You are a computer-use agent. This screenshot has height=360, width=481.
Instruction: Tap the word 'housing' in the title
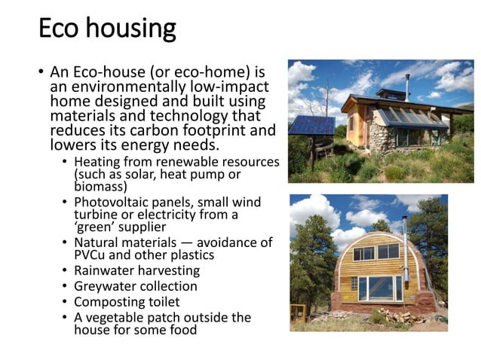click(131, 30)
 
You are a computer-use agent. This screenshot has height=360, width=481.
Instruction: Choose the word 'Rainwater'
click(104, 270)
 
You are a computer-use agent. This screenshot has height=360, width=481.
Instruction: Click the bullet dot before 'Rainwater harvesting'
click(66, 271)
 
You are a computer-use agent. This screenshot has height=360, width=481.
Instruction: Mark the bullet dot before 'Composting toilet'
click(66, 302)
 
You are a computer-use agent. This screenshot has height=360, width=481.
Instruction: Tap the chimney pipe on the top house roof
click(408, 83)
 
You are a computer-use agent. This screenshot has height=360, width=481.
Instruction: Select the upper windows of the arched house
click(376, 252)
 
